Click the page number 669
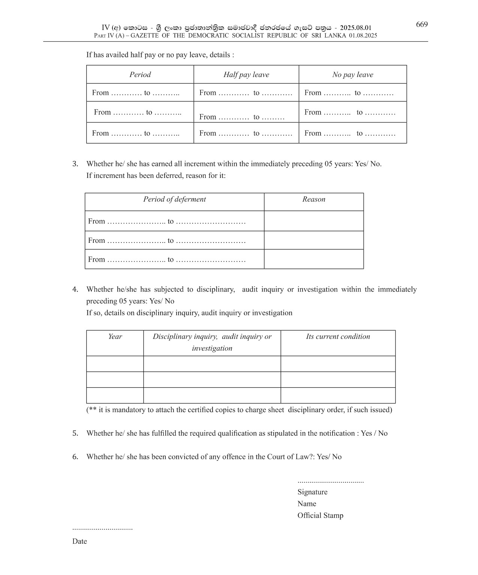pyautogui.click(x=422, y=25)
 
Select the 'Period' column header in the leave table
pyautogui.click(x=140, y=75)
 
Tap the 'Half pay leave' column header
pyautogui.click(x=246, y=75)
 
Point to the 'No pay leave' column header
pyautogui.click(x=353, y=75)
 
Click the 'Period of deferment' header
pyautogui.click(x=174, y=199)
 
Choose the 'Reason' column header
pyautogui.click(x=314, y=199)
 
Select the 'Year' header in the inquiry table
pyautogui.click(x=115, y=337)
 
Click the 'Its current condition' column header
pyautogui.click(x=338, y=337)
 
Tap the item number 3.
pyautogui.click(x=75, y=164)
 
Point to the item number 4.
pyautogui.click(x=75, y=289)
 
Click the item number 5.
pyautogui.click(x=75, y=434)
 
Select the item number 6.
pyautogui.click(x=75, y=457)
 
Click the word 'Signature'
pyautogui.click(x=312, y=492)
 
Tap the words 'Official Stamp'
pyautogui.click(x=320, y=516)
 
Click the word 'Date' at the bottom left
pyautogui.click(x=79, y=541)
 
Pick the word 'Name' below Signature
pyautogui.click(x=307, y=504)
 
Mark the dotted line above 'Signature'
pyautogui.click(x=330, y=482)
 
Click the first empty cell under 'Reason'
pyautogui.click(x=314, y=221)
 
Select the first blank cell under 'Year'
pyautogui.click(x=115, y=364)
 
